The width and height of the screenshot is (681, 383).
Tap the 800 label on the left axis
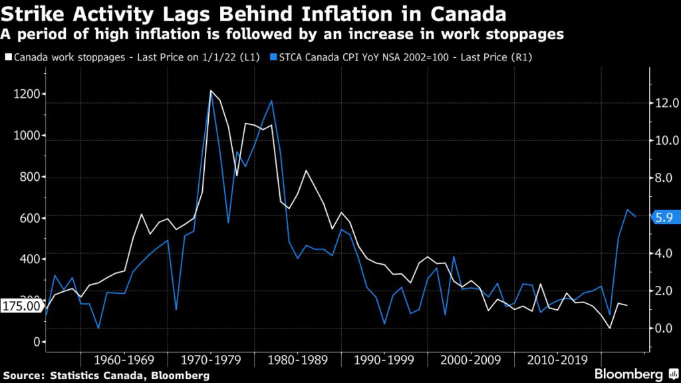pyautogui.click(x=26, y=177)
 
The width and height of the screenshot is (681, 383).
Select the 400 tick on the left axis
pyautogui.click(x=26, y=259)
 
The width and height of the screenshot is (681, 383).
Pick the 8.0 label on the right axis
pyautogui.click(x=664, y=178)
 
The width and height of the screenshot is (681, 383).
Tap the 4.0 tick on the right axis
pyautogui.click(x=664, y=253)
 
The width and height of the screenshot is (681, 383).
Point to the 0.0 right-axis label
pyautogui.click(x=664, y=328)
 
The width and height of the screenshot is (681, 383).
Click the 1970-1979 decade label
pyautogui.click(x=210, y=360)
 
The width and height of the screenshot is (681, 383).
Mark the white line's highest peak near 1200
pyautogui.click(x=211, y=90)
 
